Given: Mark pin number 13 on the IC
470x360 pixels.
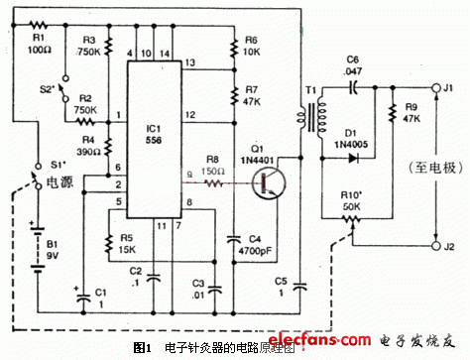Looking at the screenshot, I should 189,62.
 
